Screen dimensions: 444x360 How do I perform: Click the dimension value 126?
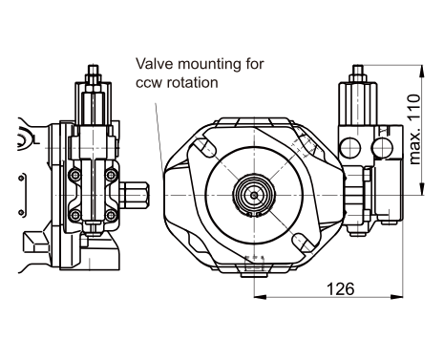click(x=340, y=288)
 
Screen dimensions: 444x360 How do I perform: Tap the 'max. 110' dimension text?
click(x=414, y=129)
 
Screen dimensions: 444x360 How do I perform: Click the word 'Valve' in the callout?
click(x=155, y=63)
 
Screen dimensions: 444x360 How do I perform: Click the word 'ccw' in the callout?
click(x=149, y=83)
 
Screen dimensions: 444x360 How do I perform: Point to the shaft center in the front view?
click(x=254, y=195)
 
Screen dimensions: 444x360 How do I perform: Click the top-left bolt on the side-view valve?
click(x=75, y=175)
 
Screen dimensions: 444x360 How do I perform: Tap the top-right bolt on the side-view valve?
click(x=112, y=175)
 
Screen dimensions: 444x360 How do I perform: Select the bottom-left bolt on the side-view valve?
click(x=75, y=215)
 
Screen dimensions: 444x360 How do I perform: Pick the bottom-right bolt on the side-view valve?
click(x=112, y=215)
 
